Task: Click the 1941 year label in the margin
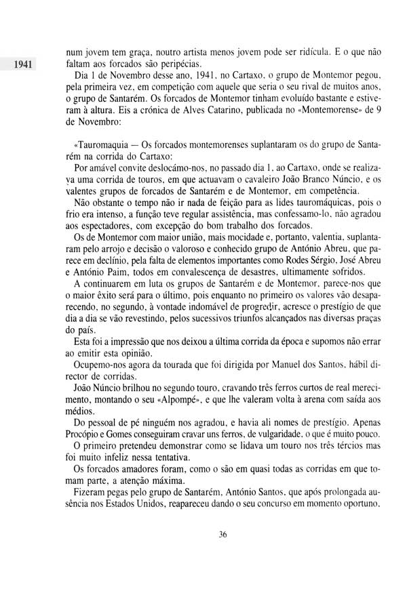point(22,66)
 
